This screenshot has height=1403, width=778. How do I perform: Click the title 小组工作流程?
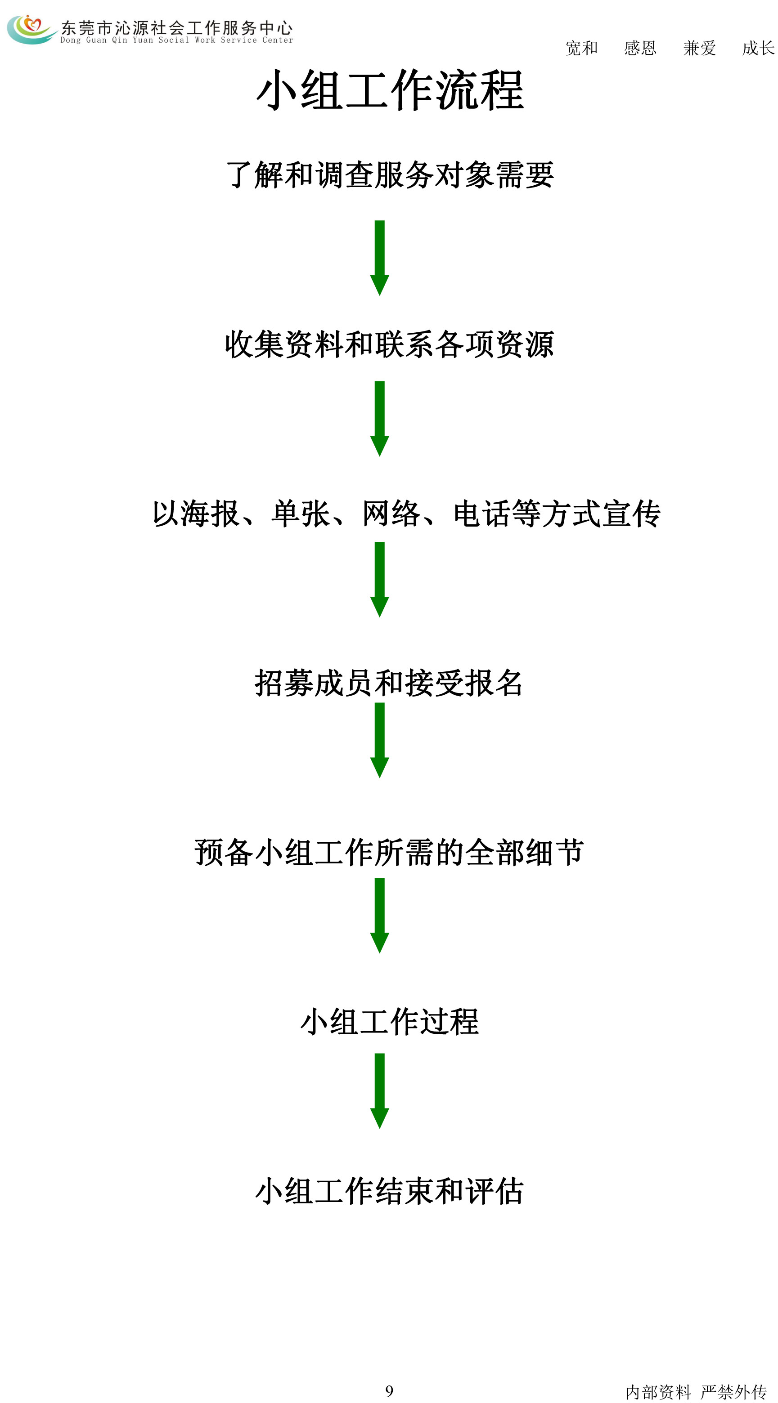click(390, 90)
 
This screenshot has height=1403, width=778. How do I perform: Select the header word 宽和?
click(581, 48)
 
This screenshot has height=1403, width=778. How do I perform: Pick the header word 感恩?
click(640, 48)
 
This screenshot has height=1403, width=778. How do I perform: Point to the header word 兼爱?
click(700, 48)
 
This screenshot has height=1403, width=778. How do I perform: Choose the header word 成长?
click(758, 48)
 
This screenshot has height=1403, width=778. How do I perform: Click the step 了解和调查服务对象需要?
click(390, 175)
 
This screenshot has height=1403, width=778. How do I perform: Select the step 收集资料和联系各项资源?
click(390, 344)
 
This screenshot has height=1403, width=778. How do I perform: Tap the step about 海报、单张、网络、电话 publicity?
click(406, 514)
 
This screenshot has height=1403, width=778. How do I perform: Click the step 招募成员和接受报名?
click(389, 683)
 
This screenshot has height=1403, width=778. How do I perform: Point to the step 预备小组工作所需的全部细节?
click(389, 852)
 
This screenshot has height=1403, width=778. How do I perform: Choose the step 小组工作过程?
click(390, 1022)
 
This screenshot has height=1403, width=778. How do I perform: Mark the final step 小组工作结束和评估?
click(390, 1191)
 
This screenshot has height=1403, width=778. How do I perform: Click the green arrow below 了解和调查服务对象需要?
click(380, 258)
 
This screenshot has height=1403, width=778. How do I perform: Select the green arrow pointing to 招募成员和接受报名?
click(380, 580)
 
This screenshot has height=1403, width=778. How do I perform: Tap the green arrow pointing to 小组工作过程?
click(380, 916)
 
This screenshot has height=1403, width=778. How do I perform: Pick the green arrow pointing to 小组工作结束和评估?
click(380, 1091)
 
